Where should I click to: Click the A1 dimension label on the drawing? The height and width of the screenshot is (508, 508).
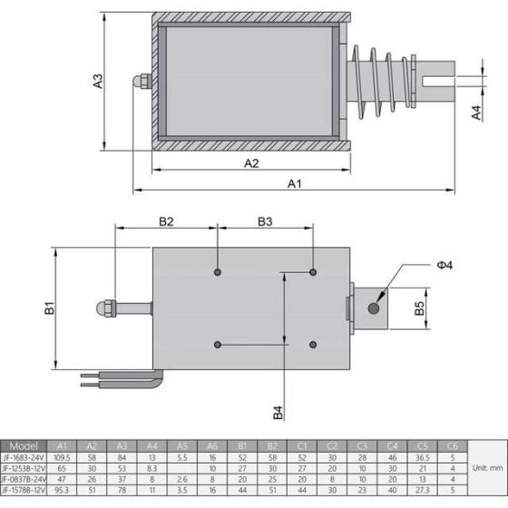pos(295,183)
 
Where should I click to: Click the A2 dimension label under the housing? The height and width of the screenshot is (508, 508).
pos(251,163)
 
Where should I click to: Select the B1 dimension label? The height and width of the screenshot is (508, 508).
pos(50,309)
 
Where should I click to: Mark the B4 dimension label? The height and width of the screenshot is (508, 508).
pos(278,412)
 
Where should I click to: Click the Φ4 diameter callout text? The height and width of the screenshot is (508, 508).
pos(444,265)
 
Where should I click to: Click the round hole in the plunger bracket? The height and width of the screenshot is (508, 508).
pos(373,309)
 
